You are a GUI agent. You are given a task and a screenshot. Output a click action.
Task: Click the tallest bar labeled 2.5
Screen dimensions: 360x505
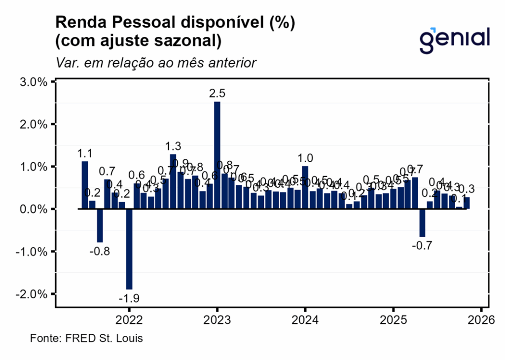(217, 155)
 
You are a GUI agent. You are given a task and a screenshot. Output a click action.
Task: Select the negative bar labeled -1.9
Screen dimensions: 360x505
(129, 249)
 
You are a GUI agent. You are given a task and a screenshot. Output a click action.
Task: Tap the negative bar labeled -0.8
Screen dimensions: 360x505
(100, 225)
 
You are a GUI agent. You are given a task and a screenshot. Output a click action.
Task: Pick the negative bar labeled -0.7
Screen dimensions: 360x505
(422, 223)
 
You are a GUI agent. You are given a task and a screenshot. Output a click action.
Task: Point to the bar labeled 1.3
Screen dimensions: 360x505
(173, 181)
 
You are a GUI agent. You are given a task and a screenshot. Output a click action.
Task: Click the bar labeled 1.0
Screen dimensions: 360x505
(305, 187)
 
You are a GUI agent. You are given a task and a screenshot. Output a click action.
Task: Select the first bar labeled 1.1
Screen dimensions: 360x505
(85, 185)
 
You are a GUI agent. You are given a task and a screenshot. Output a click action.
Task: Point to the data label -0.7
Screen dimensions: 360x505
(422, 246)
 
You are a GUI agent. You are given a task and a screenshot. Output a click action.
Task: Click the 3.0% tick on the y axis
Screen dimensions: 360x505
(33, 82)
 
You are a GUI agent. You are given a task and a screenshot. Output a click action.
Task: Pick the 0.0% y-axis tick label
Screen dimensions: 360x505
(33, 209)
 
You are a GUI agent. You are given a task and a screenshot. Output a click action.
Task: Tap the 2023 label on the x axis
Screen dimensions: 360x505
(217, 320)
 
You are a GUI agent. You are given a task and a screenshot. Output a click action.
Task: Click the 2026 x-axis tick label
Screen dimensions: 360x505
(481, 320)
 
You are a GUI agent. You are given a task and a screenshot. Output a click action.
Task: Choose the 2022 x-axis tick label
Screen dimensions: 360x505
(129, 320)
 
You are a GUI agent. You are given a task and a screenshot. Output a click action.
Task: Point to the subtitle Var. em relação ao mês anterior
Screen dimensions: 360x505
(156, 63)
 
